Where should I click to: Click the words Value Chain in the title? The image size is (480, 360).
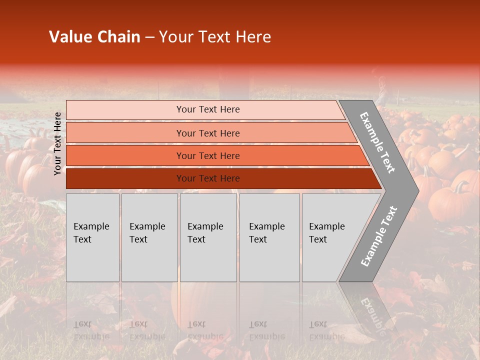point(94,37)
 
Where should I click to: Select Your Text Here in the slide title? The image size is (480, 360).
point(215,37)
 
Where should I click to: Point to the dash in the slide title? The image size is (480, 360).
point(149,37)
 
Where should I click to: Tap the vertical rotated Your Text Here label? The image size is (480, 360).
point(57,143)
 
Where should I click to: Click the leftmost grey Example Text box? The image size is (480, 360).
point(92,237)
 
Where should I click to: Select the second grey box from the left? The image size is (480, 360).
point(149,237)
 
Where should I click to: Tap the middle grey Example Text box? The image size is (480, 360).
point(208,237)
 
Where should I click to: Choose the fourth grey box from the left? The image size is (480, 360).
point(269,237)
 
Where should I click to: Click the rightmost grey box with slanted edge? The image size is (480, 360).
point(330,237)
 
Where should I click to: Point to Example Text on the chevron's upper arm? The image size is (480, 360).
point(377,142)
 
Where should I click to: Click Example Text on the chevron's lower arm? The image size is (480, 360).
point(379,236)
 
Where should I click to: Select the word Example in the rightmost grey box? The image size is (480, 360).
point(326,226)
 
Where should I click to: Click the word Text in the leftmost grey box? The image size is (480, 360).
point(82,239)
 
